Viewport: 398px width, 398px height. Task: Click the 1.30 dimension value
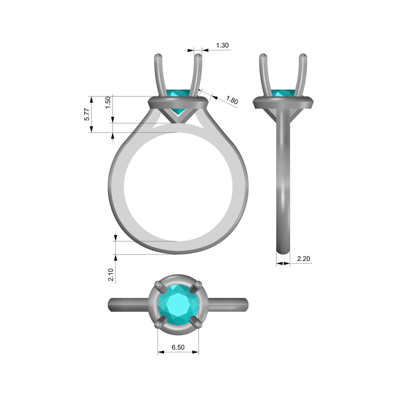(222, 45)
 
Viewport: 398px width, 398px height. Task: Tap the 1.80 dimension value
(232, 100)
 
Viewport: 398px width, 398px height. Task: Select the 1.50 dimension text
(108, 102)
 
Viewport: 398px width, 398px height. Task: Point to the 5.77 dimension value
(87, 114)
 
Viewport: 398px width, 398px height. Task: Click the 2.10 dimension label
(111, 275)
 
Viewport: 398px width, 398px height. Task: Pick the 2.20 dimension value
(304, 259)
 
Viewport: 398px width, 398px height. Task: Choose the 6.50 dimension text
(178, 347)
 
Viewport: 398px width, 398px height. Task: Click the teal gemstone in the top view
(178, 305)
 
